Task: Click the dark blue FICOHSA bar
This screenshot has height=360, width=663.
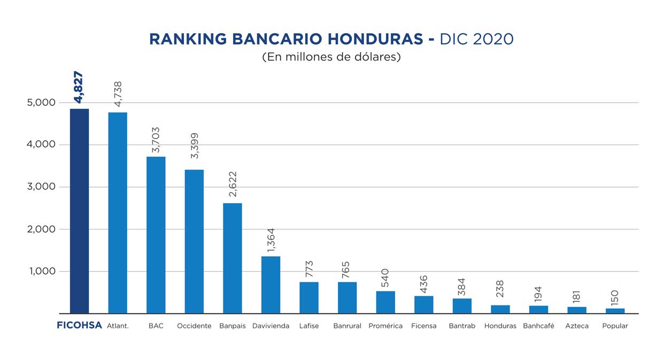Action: [79, 211]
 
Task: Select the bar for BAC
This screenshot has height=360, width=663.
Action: [156, 235]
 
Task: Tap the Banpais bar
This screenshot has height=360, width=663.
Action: [232, 258]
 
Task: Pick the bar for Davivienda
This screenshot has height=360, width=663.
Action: [271, 285]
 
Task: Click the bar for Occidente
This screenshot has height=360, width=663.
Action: [194, 241]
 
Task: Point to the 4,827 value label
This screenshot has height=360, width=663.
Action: [79, 87]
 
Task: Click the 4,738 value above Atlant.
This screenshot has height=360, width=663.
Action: [118, 95]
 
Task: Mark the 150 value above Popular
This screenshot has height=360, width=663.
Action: [615, 297]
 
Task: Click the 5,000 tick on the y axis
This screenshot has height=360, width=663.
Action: [41, 103]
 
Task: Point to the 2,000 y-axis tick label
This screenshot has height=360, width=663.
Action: [41, 229]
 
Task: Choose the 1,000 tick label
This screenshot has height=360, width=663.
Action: [41, 271]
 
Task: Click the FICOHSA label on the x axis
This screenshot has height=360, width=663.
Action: [79, 325]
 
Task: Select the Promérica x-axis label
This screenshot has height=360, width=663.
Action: [386, 326]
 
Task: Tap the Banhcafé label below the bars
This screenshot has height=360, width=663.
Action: [538, 326]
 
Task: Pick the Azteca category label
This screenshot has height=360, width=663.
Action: [577, 326]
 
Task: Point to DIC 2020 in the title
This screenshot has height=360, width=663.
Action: [476, 39]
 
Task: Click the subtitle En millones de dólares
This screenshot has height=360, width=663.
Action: [331, 57]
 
